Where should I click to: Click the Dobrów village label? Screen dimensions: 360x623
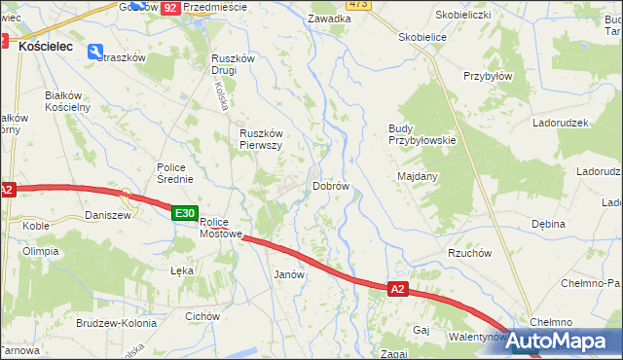tap(330, 186)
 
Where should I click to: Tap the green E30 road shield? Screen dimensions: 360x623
tap(185, 213)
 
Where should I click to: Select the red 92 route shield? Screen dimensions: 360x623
tap(169, 7)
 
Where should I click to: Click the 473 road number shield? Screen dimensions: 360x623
tap(358, 5)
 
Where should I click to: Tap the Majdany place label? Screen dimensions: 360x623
tap(418, 176)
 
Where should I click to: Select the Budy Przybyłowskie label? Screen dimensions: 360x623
tap(421, 134)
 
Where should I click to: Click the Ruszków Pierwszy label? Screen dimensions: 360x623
tap(261, 139)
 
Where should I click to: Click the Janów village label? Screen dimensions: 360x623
tap(290, 274)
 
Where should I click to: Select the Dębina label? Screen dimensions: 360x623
tap(548, 224)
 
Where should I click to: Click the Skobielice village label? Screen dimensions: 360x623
tap(422, 37)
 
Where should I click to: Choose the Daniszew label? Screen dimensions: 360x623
tap(107, 215)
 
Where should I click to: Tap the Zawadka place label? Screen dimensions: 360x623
tap(328, 18)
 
